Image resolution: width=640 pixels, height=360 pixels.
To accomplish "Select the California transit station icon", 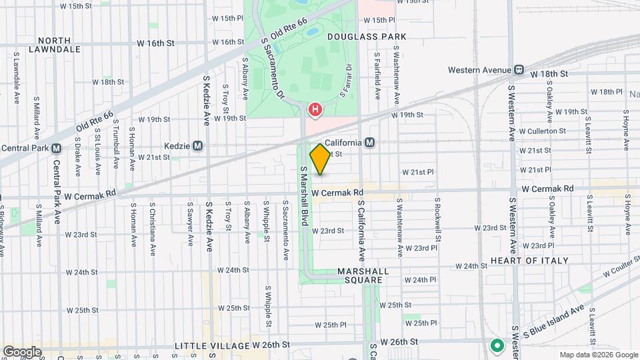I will pos(369,143).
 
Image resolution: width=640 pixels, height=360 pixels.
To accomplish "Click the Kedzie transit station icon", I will pos(197,145).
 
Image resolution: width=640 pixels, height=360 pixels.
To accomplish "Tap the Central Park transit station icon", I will pos(56,148).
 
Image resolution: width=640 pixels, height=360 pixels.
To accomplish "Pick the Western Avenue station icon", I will pos(518,69).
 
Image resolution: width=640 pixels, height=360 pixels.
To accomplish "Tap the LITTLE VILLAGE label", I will pos(211,346).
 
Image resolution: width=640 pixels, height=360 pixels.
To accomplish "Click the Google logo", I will pos(22,351).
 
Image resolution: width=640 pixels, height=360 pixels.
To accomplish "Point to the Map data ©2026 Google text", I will pos(598,355).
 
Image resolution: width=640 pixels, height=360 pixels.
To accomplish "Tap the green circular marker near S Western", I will pos(496,345).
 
